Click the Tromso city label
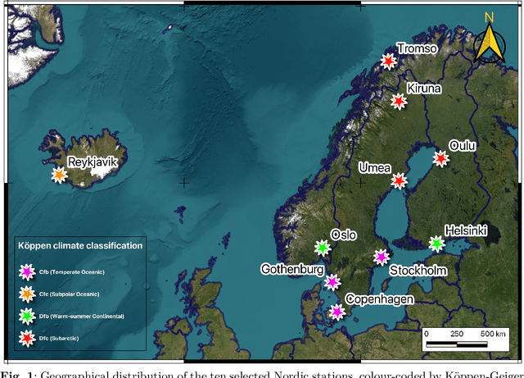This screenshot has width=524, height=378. coord(418,50)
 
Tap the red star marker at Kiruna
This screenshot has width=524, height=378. coord(398,102)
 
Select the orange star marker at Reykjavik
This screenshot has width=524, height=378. coord(59,174)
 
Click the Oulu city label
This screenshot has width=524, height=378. coord(463,145)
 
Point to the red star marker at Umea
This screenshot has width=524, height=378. coord(399,181)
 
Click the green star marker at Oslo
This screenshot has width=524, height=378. coord(322,247)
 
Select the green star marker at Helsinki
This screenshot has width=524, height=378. coord(436,244)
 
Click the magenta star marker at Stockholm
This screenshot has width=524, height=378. coord(380,257)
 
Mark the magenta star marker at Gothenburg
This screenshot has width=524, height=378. coord(332,282)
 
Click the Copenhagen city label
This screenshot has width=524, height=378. coord(378,299)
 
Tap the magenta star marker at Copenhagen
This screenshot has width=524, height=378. coord(337,311)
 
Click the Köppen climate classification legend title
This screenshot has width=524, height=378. coord(79,245)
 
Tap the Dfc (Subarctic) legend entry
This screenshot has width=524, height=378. coord(58,336)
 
